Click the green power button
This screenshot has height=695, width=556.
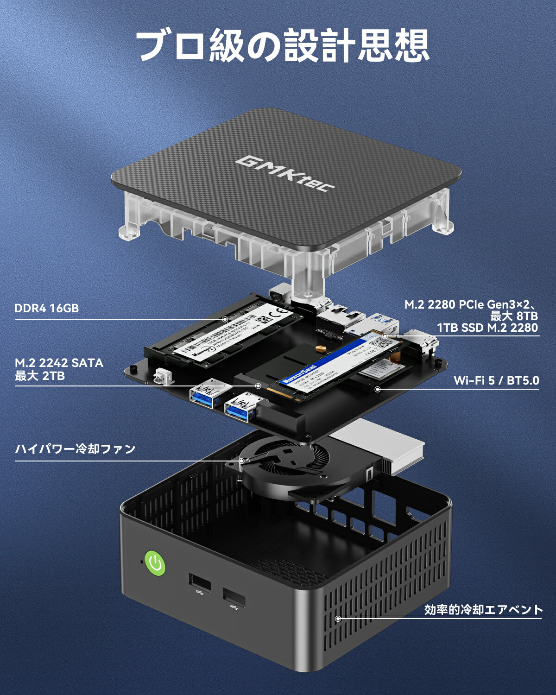(x=155, y=563)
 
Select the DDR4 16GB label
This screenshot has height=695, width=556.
(x=47, y=308)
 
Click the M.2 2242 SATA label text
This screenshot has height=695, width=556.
(x=59, y=363)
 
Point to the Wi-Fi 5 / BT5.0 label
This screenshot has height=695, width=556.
(x=496, y=380)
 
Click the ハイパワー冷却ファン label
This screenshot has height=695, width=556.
(x=76, y=449)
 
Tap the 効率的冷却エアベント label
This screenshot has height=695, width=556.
(x=483, y=610)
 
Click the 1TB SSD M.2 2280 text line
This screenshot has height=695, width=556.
(x=487, y=328)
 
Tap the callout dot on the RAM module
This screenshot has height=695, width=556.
(x=225, y=319)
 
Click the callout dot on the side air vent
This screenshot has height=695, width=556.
(x=338, y=619)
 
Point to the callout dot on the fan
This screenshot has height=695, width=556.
(x=241, y=461)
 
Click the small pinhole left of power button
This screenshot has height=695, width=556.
(x=141, y=562)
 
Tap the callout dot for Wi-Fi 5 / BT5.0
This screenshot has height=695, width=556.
(x=378, y=389)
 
